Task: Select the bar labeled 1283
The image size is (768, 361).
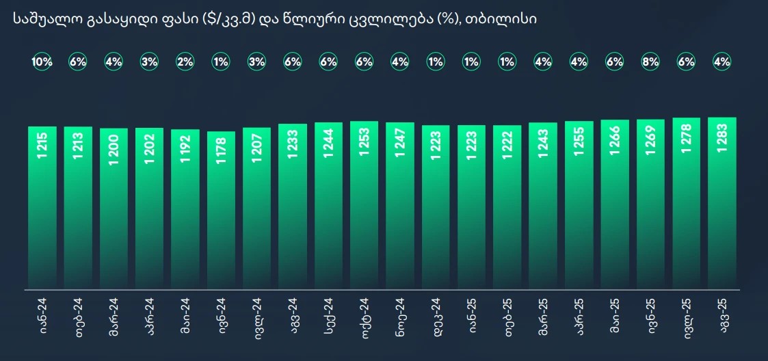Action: pyautogui.click(x=721, y=205)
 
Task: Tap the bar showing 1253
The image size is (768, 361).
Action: pyautogui.click(x=365, y=205)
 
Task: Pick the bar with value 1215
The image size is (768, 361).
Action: pyautogui.click(x=42, y=205)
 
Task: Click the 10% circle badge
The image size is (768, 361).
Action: pyautogui.click(x=42, y=62)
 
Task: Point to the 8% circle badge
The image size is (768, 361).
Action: pyautogui.click(x=650, y=62)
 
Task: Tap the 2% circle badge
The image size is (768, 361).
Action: pyautogui.click(x=185, y=62)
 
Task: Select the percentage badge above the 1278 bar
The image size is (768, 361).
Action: pyautogui.click(x=686, y=62)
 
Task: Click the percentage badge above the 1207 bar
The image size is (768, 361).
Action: pyautogui.click(x=256, y=62)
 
